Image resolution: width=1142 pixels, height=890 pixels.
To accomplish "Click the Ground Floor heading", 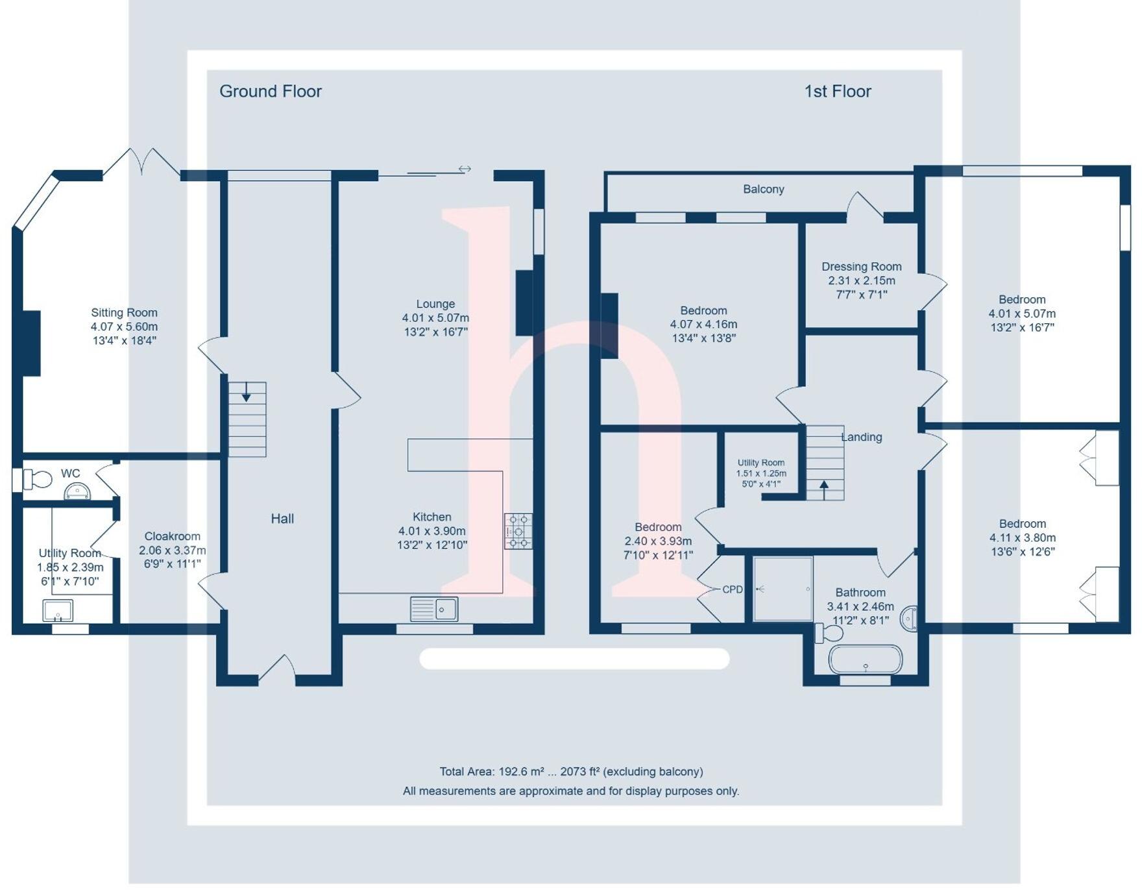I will (x=270, y=92).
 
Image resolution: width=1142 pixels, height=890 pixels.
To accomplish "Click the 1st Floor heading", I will (x=837, y=92).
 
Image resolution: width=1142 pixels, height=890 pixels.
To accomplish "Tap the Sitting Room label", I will (x=124, y=313).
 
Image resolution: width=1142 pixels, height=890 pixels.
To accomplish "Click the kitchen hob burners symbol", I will (x=518, y=531).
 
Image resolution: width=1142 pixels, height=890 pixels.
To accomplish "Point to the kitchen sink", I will (x=434, y=609).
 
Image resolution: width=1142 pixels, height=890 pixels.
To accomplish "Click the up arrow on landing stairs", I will (x=824, y=488).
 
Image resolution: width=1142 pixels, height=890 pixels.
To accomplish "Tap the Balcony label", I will (x=763, y=190).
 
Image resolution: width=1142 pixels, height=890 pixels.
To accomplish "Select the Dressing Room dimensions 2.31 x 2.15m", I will (x=861, y=280).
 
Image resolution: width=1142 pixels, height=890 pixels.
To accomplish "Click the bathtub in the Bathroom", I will (x=865, y=660).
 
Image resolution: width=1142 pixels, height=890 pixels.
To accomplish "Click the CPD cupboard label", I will (x=732, y=589).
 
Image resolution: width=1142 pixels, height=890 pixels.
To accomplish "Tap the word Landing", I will (x=861, y=437).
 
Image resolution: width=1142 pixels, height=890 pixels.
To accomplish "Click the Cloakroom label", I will (x=172, y=536).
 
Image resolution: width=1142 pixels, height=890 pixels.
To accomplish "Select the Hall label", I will (x=282, y=519).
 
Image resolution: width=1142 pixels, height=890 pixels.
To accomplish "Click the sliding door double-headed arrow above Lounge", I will (x=465, y=169).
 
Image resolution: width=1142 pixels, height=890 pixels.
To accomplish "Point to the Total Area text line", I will (x=571, y=772).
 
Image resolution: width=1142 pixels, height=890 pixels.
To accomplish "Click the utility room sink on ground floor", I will (x=58, y=610).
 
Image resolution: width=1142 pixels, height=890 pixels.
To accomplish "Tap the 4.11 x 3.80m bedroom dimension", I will (x=1022, y=538).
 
